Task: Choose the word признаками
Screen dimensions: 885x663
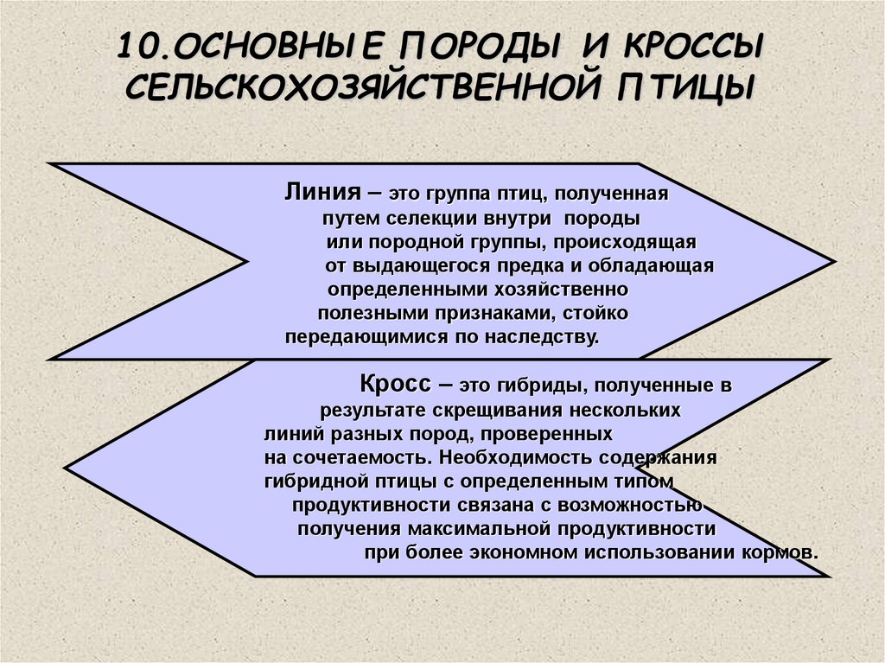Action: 487,313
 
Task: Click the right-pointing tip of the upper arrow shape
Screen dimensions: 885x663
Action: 833,261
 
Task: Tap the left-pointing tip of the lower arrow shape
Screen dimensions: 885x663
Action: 67,469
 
